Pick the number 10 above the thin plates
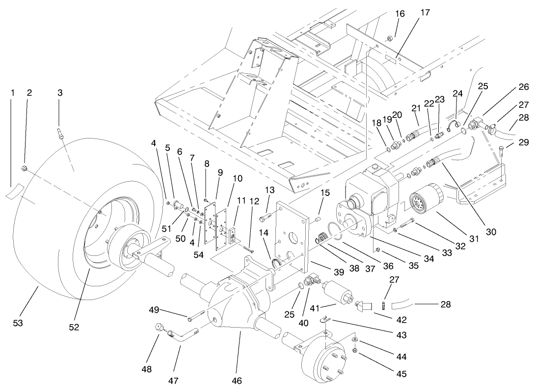click(238, 179)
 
